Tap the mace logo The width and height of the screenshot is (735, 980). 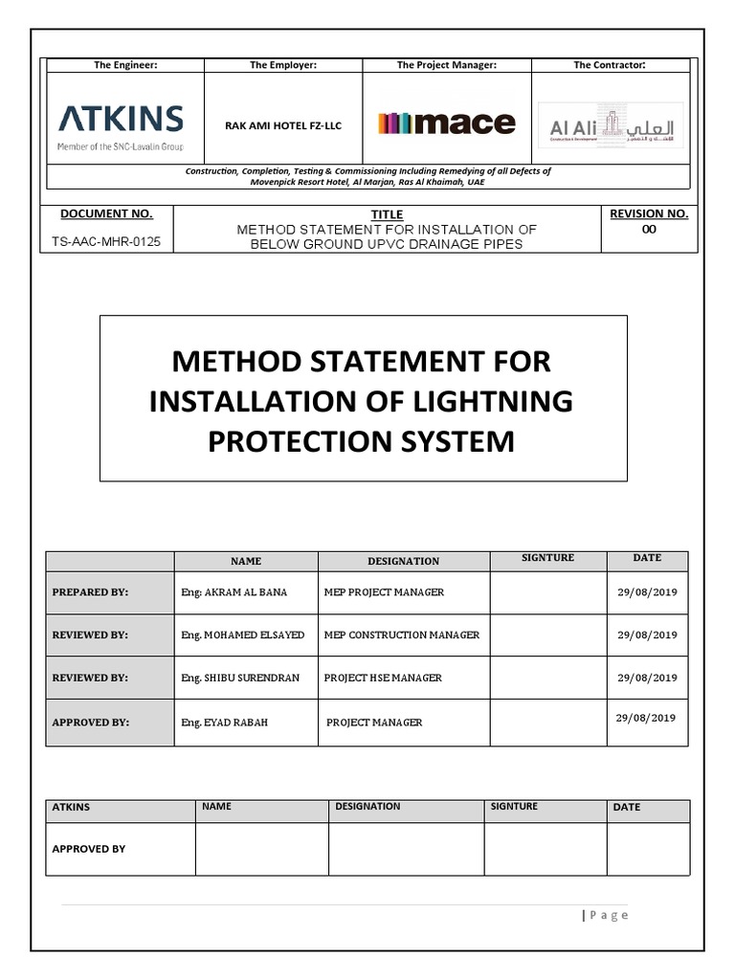coord(446,122)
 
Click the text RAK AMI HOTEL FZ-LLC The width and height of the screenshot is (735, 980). coord(283,124)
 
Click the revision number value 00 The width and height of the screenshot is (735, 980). coord(649,230)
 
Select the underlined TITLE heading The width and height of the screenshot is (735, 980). coord(387,214)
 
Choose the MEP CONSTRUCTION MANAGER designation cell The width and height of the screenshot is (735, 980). coord(402,635)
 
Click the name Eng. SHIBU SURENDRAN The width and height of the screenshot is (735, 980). coord(240,678)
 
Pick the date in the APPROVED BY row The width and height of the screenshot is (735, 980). coord(647,718)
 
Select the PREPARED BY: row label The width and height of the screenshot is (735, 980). coord(90,592)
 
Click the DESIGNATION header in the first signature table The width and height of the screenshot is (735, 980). coord(403,561)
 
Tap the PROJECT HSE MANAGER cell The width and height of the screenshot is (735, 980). coord(383,678)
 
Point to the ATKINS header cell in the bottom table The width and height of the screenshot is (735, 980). coord(72,807)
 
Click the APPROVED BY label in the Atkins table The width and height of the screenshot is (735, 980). coord(88,849)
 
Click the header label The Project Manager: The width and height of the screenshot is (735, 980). coord(446,65)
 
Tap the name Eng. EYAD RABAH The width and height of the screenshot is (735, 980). coord(224,723)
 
